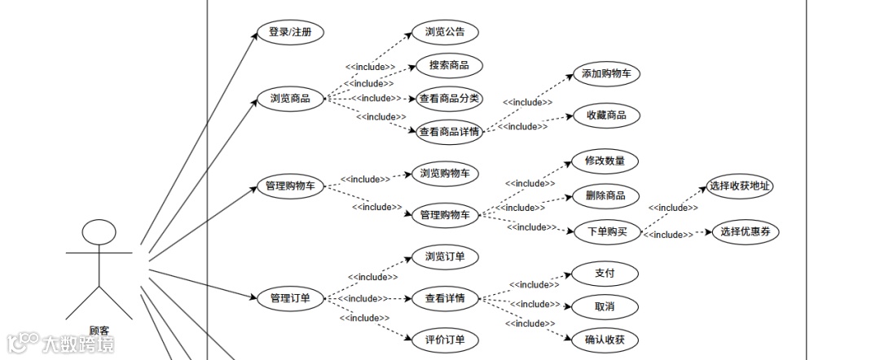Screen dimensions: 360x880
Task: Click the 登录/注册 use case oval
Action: [290, 33]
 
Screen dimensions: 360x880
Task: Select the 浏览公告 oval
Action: [445, 33]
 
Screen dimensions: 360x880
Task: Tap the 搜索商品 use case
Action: [449, 65]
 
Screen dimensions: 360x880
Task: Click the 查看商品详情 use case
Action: [449, 131]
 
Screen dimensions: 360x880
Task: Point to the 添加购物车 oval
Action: [605, 73]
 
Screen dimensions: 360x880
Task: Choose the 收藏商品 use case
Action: [606, 116]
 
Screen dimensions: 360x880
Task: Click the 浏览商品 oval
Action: [290, 99]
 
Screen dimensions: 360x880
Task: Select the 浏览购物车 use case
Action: [445, 173]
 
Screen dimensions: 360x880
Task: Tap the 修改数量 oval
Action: [605, 160]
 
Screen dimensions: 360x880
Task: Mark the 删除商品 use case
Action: [605, 195]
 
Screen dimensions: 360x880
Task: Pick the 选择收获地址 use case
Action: [740, 186]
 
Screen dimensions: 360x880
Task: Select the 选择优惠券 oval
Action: [746, 232]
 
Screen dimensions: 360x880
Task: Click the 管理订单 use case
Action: [290, 298]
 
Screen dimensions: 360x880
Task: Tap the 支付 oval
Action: [605, 272]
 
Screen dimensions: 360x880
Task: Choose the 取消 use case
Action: [605, 306]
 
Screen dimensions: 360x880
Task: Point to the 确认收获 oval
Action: [605, 340]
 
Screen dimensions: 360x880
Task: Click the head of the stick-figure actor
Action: [99, 234]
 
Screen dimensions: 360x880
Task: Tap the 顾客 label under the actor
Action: [99, 331]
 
